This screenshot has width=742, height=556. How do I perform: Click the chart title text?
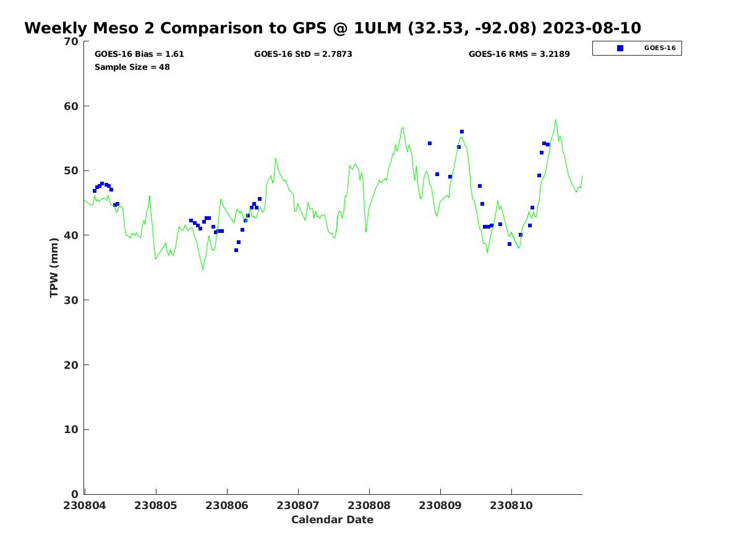click(333, 28)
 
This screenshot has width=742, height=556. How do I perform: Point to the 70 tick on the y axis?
click(72, 41)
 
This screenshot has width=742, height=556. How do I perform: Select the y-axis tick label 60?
click(72, 106)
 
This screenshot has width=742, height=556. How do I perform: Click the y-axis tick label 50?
click(72, 171)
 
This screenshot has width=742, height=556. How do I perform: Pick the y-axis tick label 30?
click(72, 300)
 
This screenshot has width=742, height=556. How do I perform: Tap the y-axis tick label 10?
click(72, 430)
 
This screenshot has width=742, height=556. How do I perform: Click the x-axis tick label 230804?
click(85, 505)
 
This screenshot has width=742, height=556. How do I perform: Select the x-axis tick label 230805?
click(156, 505)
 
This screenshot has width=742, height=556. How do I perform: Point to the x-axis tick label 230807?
click(298, 505)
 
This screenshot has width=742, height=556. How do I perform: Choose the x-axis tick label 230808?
click(369, 505)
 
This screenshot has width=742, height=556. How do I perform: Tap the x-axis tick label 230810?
click(511, 505)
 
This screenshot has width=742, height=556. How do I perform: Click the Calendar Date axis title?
click(333, 520)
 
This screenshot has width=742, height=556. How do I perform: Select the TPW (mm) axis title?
click(54, 267)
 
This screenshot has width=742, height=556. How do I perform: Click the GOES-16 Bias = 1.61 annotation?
click(139, 54)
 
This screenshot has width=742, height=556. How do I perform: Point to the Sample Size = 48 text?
click(132, 67)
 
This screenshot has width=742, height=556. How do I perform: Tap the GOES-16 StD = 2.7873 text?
click(303, 54)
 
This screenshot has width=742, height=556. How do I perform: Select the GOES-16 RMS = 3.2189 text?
click(519, 54)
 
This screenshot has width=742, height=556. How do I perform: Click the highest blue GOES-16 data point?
click(462, 132)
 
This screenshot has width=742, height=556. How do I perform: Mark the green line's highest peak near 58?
click(555, 120)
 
